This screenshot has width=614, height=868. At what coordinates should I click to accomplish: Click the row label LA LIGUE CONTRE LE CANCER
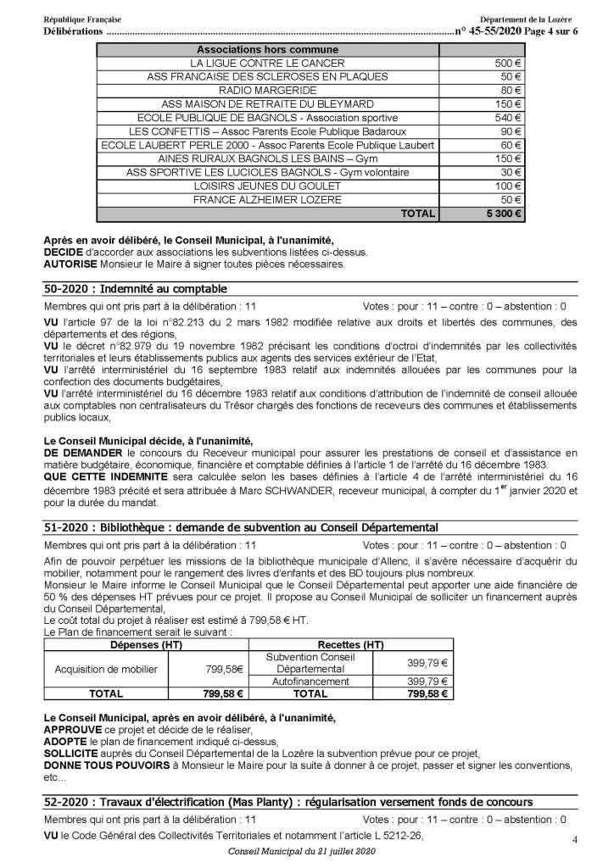[x=267, y=64]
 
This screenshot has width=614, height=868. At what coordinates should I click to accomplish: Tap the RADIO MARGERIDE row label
[x=267, y=90]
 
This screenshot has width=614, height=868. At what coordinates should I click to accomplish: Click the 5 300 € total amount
[x=501, y=214]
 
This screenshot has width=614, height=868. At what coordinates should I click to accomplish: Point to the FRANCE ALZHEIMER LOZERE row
[x=267, y=200]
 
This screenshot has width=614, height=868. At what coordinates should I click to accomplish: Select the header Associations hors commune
[x=267, y=50]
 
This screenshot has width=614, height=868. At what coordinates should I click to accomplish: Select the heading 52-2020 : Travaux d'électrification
[x=288, y=802]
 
